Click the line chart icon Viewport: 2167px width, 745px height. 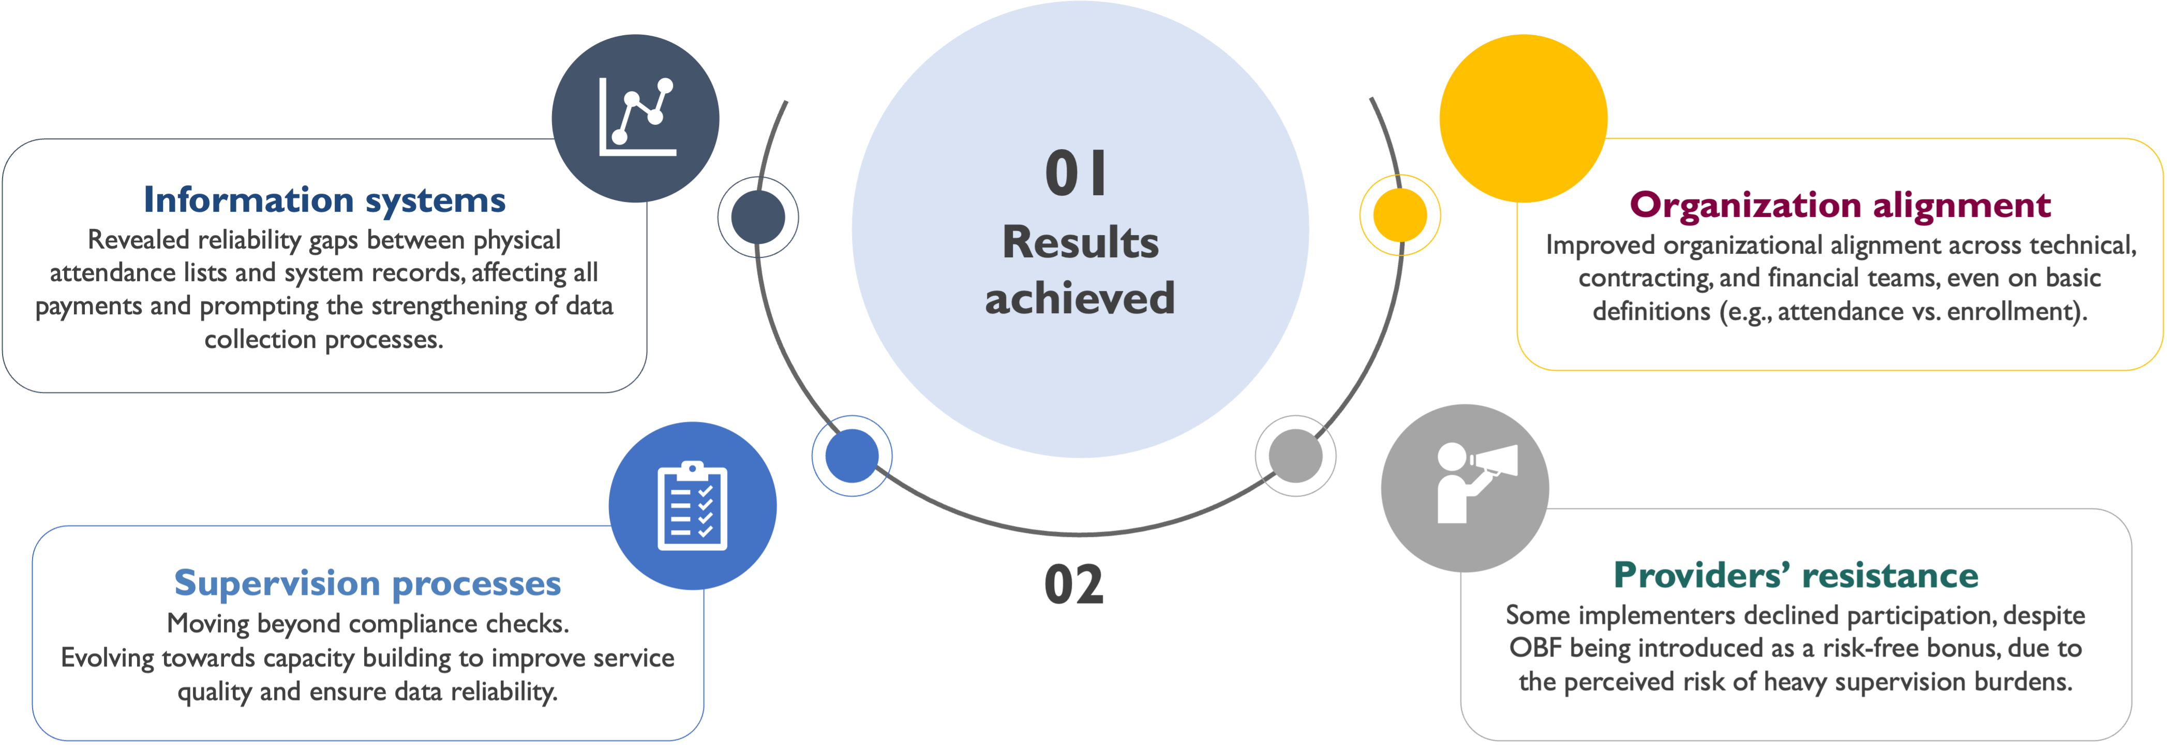coord(637,118)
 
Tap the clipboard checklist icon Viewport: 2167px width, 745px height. coord(692,505)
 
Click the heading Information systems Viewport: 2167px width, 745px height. coord(325,200)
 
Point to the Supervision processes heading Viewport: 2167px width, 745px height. coord(368,582)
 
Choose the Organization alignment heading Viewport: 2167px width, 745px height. coord(1840,204)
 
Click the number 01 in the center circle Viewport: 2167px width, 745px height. coord(1076,174)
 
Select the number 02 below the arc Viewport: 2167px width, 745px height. coord(1074,584)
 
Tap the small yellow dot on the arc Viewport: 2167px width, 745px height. coord(1400,215)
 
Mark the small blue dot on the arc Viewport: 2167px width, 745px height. coord(851,456)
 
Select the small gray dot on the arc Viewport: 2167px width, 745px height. coord(1295,456)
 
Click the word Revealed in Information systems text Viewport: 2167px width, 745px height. coord(139,241)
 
